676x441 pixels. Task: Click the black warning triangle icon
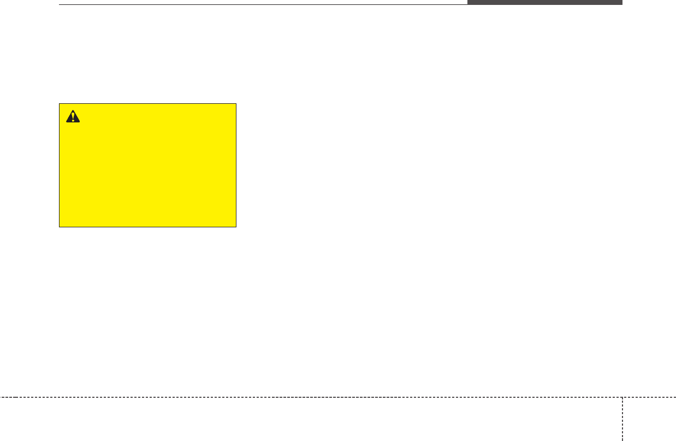click(x=72, y=116)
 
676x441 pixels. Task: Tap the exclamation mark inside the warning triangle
click(x=72, y=117)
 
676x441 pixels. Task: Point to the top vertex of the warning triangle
click(x=72, y=110)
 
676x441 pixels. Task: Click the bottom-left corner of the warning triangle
click(x=66, y=122)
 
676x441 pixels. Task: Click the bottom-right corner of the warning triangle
click(x=79, y=122)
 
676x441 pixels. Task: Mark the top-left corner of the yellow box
click(x=59, y=103)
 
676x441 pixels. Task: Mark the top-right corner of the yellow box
click(x=236, y=103)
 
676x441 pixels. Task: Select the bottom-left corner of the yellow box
click(x=59, y=227)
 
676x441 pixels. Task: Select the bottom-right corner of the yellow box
click(x=236, y=227)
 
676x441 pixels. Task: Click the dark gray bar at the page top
click(x=544, y=2)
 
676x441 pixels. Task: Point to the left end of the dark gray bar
click(x=467, y=2)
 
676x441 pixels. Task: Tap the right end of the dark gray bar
click(x=622, y=2)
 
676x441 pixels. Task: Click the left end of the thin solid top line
click(x=59, y=5)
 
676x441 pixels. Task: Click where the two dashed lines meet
click(x=622, y=397)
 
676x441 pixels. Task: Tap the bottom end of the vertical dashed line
click(x=622, y=440)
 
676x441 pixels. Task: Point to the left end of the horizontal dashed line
click(x=1, y=397)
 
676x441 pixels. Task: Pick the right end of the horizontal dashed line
click(x=675, y=397)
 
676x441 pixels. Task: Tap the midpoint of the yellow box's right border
click(x=236, y=165)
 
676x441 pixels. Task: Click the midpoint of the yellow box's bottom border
click(x=147, y=227)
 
